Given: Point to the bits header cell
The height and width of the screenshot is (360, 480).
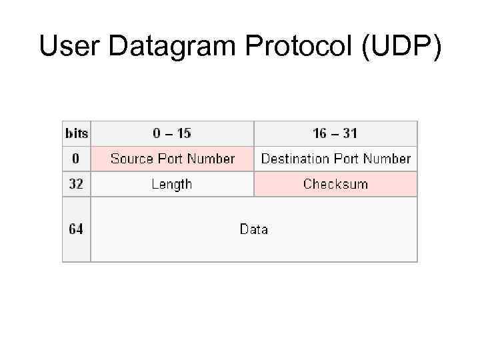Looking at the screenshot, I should coord(76,133).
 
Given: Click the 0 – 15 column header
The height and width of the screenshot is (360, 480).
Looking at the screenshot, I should coord(172,133).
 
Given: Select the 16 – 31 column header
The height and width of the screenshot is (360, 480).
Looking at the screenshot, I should coord(335,133).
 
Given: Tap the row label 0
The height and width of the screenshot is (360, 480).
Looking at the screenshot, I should coord(76,159).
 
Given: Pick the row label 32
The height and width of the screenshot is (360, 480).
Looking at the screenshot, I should coord(76,184).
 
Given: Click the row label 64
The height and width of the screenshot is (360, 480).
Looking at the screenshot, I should coord(76,229).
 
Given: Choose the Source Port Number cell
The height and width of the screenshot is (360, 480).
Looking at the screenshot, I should coord(172,159).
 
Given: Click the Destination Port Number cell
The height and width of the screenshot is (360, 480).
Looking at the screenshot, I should coord(335,159).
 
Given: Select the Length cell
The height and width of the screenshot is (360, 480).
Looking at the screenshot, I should coord(172,184).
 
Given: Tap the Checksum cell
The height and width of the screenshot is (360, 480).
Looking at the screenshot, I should coord(335,184).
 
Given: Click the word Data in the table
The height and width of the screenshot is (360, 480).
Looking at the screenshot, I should coord(254,229).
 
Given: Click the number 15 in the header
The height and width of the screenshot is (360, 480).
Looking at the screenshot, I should coord(183,133).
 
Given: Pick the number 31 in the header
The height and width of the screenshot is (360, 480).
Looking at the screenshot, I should coord(350,133).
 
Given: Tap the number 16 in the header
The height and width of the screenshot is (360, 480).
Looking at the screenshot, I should coord(320,133).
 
